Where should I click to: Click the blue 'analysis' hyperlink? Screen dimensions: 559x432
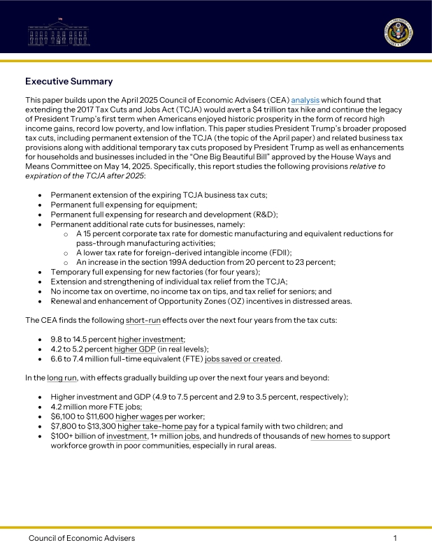[x=305, y=101]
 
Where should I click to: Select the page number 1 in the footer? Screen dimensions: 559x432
[x=395, y=538]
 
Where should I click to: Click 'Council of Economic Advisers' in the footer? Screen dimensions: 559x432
[x=82, y=538]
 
